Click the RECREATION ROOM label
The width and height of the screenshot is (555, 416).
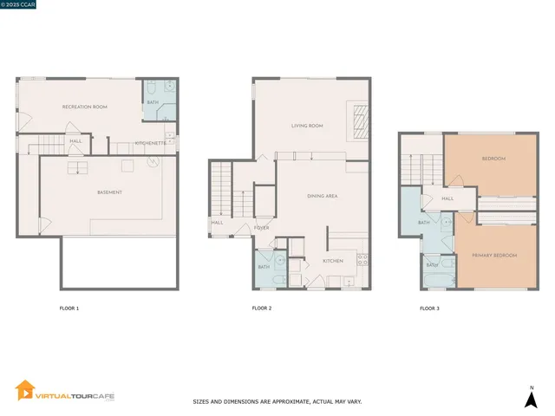[84, 107]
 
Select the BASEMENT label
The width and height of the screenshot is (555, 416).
[109, 192]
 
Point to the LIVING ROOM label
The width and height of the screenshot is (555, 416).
[306, 126]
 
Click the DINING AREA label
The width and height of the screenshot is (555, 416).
[322, 197]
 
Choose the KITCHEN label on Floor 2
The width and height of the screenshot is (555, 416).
[333, 261]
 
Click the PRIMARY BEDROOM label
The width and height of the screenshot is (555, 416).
[494, 256]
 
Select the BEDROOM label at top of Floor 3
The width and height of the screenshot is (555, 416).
[493, 159]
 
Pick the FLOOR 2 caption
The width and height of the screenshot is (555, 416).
[262, 309]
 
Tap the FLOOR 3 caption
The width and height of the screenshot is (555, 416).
[429, 309]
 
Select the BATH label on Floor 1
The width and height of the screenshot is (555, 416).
[153, 102]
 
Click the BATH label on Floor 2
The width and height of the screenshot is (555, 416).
[264, 267]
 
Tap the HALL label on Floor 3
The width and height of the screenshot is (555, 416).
[447, 198]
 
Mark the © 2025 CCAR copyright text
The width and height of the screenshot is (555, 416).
[21, 4]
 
